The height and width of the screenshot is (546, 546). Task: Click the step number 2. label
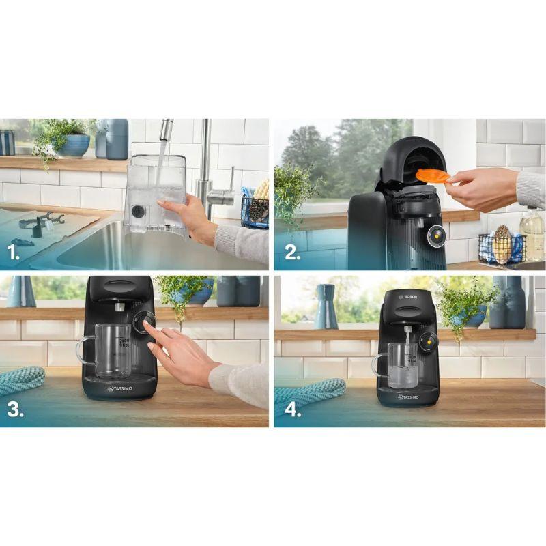pos(292,253)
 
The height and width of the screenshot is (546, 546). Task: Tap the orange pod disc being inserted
pos(433,176)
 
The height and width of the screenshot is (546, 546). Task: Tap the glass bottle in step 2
pos(532,232)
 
